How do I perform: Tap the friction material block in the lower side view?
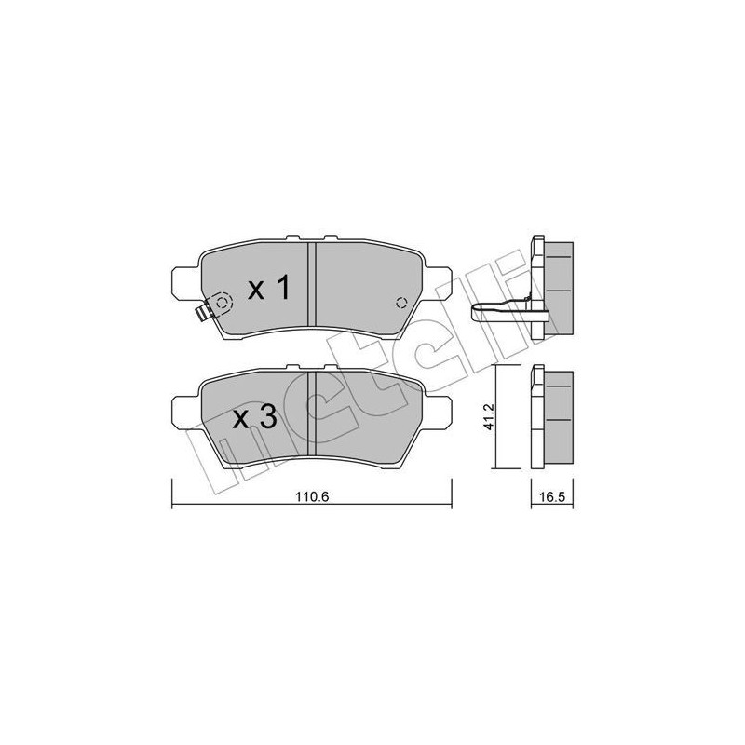558,418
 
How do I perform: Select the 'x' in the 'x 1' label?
254,291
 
